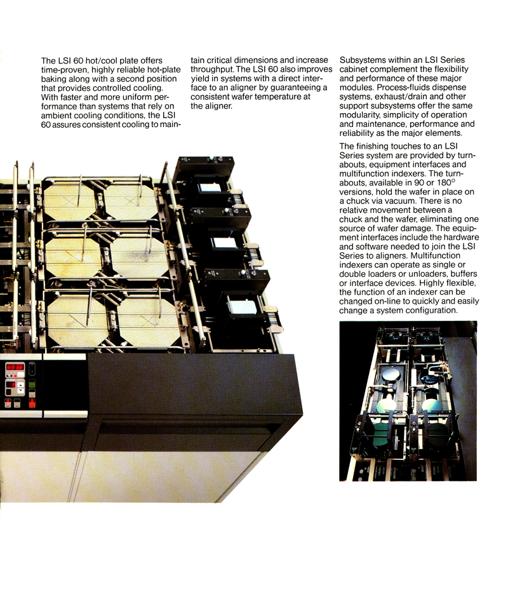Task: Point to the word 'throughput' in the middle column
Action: click(x=213, y=69)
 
